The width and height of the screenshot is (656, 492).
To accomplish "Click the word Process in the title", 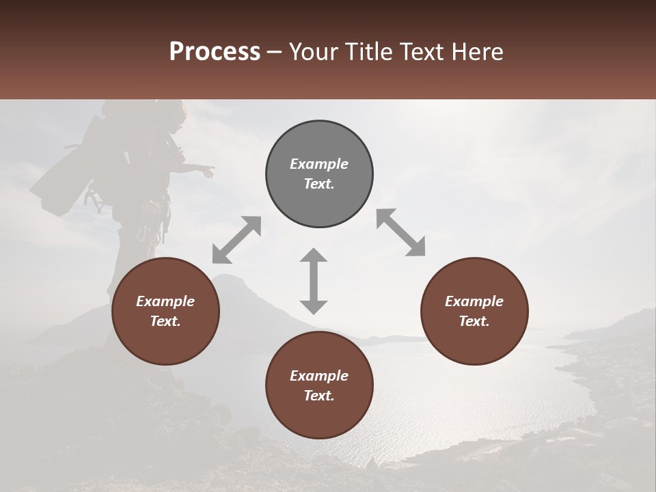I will pyautogui.click(x=215, y=52).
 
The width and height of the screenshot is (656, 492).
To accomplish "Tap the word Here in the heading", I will pyautogui.click(x=478, y=52).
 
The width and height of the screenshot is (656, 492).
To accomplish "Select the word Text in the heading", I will pyautogui.click(x=422, y=52).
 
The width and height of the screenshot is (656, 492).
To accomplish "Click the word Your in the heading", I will pyautogui.click(x=313, y=52).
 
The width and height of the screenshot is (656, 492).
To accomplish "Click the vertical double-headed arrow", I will pyautogui.click(x=314, y=281).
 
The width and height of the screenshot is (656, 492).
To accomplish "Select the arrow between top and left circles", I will pyautogui.click(x=236, y=239).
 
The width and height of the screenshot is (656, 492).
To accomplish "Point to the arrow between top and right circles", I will pyautogui.click(x=400, y=233).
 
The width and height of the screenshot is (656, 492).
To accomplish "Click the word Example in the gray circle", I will pyautogui.click(x=319, y=164).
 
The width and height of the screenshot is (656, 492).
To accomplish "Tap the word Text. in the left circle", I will pyautogui.click(x=165, y=321).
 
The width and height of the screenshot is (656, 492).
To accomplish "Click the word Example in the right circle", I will pyautogui.click(x=474, y=301).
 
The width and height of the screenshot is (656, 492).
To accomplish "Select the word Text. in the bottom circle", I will pyautogui.click(x=319, y=396).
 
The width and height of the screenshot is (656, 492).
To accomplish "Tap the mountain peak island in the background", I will pyautogui.click(x=229, y=282).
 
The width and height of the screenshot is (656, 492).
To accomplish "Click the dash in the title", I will pyautogui.click(x=274, y=52).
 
